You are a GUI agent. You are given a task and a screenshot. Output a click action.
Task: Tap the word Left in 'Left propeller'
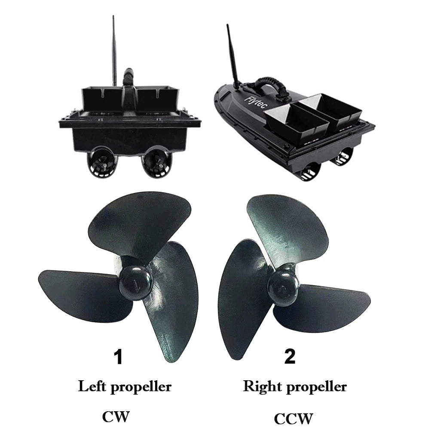click(x=92, y=386)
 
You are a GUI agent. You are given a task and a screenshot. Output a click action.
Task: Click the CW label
click(x=116, y=417)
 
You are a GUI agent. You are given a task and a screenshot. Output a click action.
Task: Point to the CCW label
click(x=293, y=419)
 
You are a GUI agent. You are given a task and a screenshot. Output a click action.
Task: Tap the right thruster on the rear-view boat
click(x=156, y=162)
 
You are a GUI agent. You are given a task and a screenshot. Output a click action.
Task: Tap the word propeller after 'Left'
click(x=141, y=388)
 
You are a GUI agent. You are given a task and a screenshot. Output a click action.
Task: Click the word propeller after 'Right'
click(x=317, y=387)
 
